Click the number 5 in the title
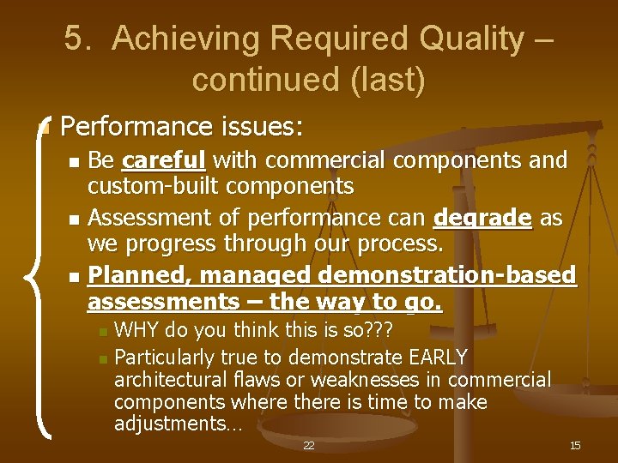73,39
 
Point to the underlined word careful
164,160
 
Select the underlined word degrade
483,219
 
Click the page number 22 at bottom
308,445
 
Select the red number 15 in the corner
575,445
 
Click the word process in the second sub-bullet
403,244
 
